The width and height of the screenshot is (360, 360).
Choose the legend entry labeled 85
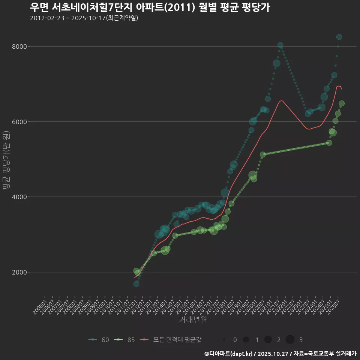click(125, 340)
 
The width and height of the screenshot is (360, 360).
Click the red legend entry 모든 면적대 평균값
click(170, 340)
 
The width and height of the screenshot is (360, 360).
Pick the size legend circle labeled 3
click(290, 340)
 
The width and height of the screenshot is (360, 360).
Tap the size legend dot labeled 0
click(224, 340)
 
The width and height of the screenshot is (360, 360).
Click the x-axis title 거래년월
click(193, 320)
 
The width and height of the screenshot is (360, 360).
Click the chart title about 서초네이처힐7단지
click(150, 7)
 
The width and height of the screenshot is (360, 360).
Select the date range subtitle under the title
click(84, 18)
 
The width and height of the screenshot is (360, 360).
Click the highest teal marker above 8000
click(339, 37)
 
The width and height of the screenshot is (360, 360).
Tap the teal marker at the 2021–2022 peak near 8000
click(280, 45)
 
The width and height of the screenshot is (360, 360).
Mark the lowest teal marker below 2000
click(136, 284)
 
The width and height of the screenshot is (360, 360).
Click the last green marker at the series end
click(342, 103)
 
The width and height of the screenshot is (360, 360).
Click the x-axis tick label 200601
click(40, 306)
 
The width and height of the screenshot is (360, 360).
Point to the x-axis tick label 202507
click(334, 306)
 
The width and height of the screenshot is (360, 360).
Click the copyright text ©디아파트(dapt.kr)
click(229, 354)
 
